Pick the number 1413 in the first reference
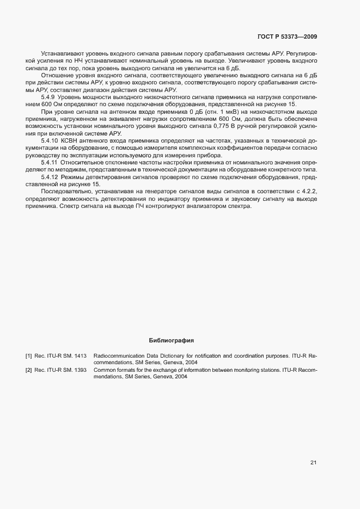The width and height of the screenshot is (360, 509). pos(80,356)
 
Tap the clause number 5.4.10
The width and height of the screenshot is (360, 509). pos(51,140)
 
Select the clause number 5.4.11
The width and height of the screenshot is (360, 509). pos(51,162)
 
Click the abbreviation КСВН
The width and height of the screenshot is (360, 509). pos(71,140)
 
